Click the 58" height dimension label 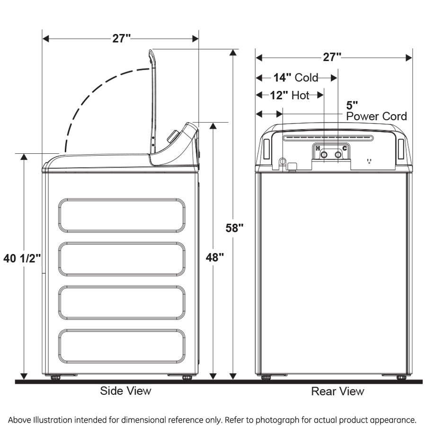234,228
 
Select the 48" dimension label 214,257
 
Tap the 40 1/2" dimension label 22,258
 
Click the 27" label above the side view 122,39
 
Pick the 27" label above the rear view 332,57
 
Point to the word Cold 306,78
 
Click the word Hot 300,95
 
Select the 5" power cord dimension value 352,105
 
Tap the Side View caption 125,391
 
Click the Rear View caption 337,391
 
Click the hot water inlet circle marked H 324,155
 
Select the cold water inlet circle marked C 338,155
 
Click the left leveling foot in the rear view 266,377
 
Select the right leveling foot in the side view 187,377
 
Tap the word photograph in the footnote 277,420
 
